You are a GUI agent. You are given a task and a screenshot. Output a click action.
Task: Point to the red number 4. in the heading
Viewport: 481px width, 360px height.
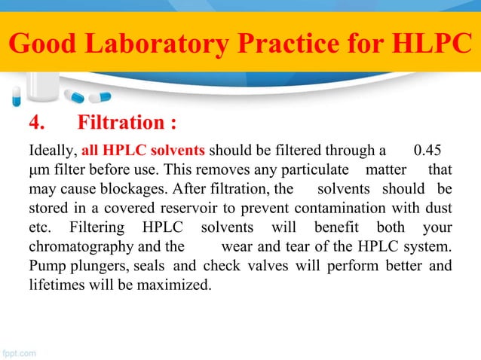point(37,121)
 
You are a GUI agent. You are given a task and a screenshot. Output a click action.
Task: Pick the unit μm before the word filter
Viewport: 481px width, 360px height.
point(36,166)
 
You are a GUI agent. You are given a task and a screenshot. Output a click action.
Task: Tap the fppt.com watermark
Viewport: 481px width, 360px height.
point(23,351)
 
